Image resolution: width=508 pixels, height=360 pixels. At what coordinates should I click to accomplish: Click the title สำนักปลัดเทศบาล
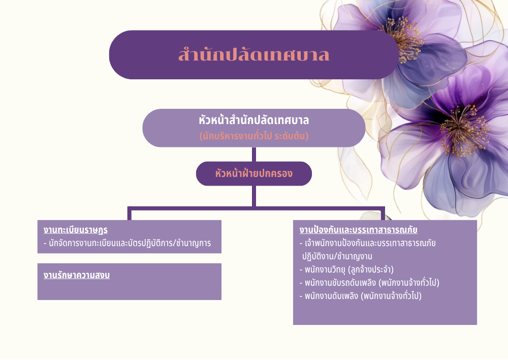tap(253, 54)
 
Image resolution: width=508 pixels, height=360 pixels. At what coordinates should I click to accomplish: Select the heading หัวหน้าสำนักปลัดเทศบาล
tap(253, 121)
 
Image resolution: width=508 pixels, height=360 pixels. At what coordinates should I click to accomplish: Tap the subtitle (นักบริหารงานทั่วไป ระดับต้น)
tap(253, 136)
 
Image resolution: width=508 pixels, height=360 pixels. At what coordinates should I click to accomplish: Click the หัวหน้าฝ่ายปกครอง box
tap(253, 173)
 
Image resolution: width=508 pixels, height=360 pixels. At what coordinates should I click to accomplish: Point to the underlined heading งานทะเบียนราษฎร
tap(76, 230)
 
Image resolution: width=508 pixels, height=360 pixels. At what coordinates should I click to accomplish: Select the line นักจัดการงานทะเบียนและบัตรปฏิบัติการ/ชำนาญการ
tap(127, 243)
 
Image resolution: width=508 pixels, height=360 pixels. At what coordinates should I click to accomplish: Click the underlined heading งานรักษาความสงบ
tap(77, 276)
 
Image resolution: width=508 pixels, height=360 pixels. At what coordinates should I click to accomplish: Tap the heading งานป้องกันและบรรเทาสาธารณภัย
tap(358, 230)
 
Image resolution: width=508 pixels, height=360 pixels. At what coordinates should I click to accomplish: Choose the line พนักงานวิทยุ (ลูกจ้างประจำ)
tap(346, 269)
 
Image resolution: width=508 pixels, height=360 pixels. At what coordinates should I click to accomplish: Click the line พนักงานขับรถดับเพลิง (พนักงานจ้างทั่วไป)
tap(369, 283)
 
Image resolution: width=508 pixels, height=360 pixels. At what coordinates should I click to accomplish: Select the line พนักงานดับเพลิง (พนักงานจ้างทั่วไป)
tap(360, 296)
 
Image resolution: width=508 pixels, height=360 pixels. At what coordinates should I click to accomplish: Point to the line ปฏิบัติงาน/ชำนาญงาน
tap(337, 257)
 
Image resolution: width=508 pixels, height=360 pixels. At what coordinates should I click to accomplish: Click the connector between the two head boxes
tap(253, 155)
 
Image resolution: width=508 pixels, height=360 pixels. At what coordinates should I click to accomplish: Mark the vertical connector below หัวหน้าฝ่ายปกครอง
tap(253, 196)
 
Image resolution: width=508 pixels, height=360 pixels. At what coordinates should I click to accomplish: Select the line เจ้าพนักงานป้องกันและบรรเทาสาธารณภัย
tap(367, 243)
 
